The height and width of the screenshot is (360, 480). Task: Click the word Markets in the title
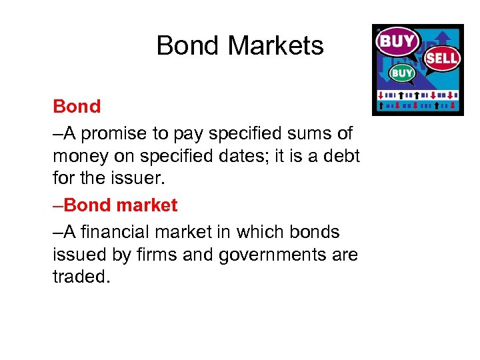275,46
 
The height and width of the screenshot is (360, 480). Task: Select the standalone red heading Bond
77,107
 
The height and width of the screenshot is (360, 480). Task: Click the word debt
339,156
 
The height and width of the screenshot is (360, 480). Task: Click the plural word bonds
313,232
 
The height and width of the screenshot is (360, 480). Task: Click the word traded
81,277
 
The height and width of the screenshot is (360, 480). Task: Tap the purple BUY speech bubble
397,41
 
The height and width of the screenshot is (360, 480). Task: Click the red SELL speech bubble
442,58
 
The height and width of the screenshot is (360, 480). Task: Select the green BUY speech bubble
401,73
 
